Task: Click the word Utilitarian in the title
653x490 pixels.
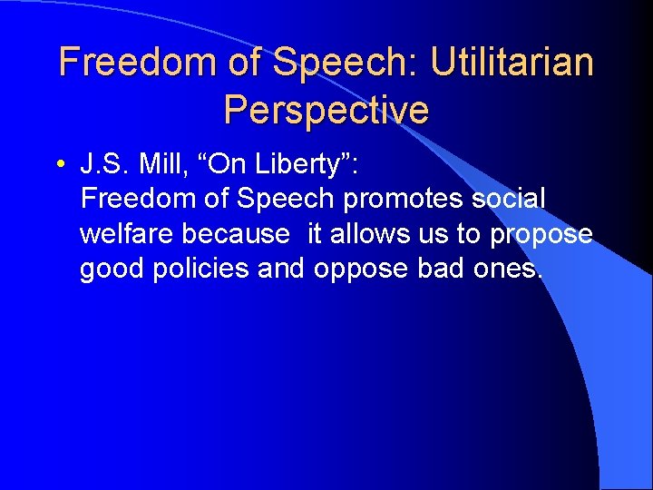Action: tap(512, 63)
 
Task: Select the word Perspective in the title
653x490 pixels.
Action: tap(326, 110)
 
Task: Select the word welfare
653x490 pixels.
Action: tap(127, 235)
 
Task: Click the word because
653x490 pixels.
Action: tap(237, 235)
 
